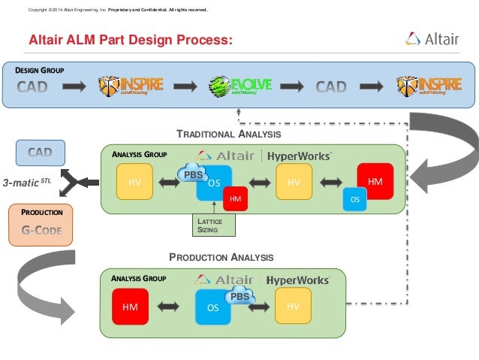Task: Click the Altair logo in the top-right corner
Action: coord(432,39)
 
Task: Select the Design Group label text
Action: coord(40,70)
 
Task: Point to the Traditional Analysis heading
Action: coord(228,134)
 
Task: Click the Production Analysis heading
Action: coord(221,257)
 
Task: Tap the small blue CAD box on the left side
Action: coord(40,153)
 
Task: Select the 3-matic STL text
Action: coord(27,181)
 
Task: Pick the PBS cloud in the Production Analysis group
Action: coord(239,296)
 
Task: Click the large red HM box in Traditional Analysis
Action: coord(375,182)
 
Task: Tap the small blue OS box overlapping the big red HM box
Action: coord(354,199)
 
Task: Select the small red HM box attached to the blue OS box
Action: coord(235,198)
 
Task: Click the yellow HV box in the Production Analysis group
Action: coord(294,308)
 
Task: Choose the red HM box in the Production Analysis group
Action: coord(130,308)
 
